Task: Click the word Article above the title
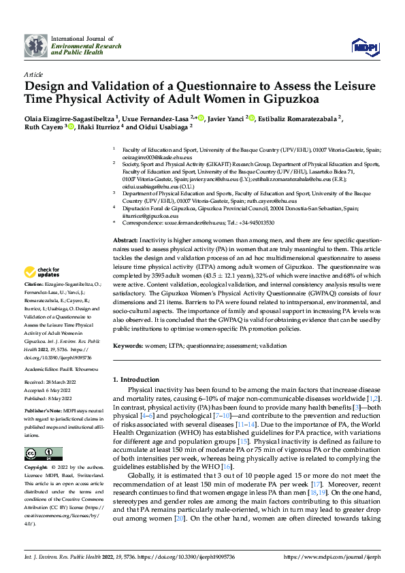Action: pos(33,75)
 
